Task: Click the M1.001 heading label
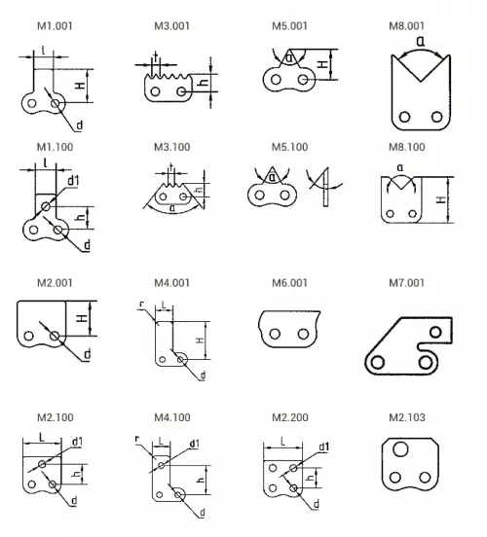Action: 55,26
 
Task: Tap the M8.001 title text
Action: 407,26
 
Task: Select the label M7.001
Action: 407,283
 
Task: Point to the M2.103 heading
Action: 407,417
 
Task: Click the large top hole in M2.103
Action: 400,449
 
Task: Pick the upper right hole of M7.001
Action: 435,332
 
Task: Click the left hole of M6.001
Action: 275,334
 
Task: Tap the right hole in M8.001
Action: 437,117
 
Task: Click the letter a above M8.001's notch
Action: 421,42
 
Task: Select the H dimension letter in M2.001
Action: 82,318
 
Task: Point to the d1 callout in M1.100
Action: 73,181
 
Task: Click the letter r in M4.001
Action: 142,304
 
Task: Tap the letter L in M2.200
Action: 282,442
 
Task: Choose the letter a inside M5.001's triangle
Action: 290,58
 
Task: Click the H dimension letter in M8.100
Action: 442,199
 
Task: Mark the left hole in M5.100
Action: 260,195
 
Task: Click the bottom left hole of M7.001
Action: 378,362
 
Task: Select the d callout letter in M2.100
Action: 74,501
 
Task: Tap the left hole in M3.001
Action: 155,91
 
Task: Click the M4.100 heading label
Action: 172,417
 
